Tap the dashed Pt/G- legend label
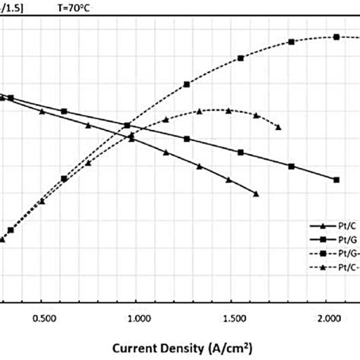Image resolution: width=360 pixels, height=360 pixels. (343, 254)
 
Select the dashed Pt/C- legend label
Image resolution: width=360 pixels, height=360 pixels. (343, 267)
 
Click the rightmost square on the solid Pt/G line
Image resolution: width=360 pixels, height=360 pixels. (336, 179)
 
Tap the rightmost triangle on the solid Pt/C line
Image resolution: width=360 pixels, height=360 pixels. (256, 194)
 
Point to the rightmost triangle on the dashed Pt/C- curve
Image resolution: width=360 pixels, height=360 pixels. (279, 127)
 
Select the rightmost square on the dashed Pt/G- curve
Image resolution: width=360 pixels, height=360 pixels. (336, 36)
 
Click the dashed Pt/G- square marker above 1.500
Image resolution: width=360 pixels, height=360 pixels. (241, 58)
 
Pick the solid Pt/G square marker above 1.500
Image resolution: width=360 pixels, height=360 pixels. (241, 153)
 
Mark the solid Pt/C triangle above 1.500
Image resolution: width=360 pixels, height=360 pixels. (229, 180)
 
